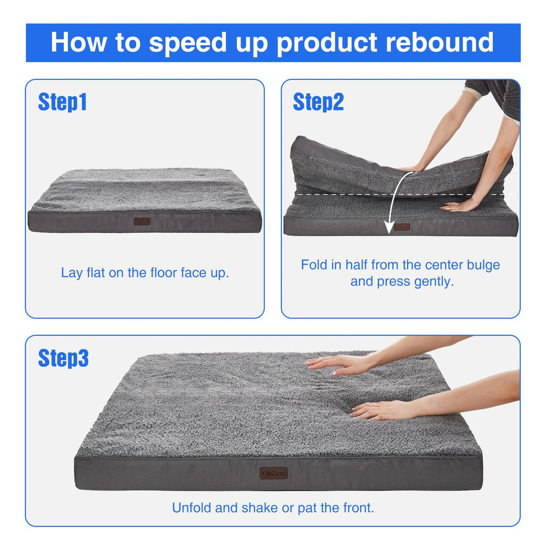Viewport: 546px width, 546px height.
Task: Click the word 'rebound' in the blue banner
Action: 439,42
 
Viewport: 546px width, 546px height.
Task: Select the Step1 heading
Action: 62,102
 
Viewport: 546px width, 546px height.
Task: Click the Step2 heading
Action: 318,102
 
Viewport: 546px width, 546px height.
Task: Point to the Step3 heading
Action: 63,358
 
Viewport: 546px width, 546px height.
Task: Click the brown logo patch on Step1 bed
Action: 142,221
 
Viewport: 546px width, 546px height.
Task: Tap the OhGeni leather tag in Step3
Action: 273,473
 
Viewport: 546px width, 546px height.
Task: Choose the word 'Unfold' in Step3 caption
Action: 192,508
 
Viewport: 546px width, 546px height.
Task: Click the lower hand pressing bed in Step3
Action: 382,410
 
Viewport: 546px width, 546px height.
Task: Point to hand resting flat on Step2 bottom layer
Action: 459,206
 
